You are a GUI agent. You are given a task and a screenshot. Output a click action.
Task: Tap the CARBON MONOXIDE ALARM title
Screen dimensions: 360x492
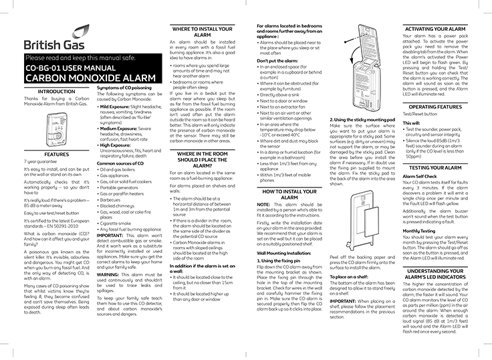pos(76,77)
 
